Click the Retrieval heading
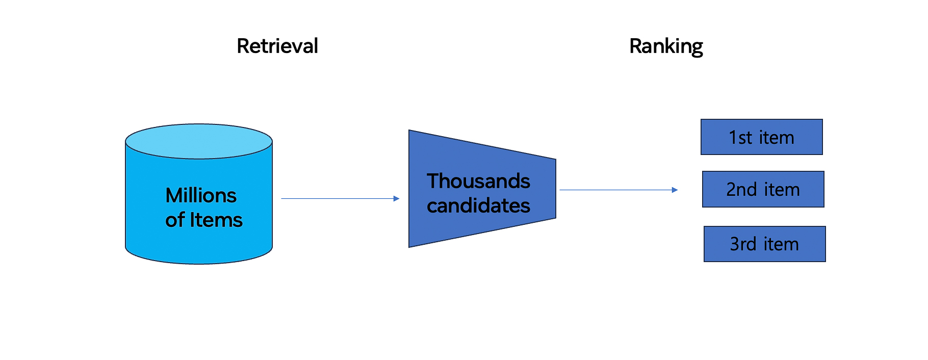coord(277,46)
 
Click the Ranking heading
coord(666,47)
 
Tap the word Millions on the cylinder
coord(201,195)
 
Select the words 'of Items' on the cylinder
coord(204,220)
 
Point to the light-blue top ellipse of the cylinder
coord(199,141)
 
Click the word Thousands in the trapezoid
coord(478,181)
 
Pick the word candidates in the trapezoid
coord(478,205)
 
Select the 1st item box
coord(761,137)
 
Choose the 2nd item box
coord(763,189)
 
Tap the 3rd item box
coord(764,244)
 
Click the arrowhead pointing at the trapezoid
coord(396,198)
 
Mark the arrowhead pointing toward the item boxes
coord(675,190)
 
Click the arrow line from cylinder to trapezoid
coord(340,198)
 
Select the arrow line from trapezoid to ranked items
coord(618,190)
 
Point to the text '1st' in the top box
coord(740,138)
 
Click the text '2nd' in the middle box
coord(741,190)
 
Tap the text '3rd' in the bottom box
coord(743,244)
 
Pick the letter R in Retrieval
coord(243,46)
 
